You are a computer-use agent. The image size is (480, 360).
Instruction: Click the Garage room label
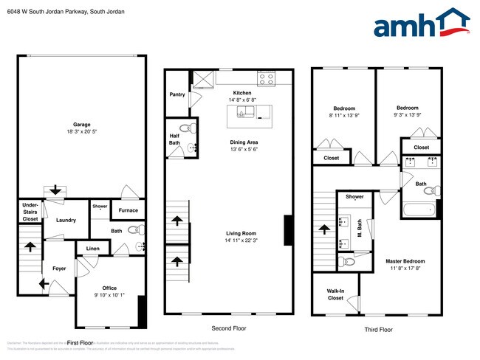coord(81,125)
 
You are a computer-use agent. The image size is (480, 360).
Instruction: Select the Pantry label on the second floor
coord(177,94)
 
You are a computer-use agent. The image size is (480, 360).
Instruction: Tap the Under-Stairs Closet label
coord(30,212)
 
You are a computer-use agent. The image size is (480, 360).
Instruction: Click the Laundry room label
coord(66,220)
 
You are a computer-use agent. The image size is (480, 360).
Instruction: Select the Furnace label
coord(128,210)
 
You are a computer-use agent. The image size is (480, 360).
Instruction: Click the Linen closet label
coord(92,249)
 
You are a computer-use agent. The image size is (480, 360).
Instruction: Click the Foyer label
coord(59,269)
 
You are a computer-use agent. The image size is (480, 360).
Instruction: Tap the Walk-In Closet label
coord(335,294)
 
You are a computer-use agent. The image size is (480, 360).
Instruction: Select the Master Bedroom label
coord(405,261)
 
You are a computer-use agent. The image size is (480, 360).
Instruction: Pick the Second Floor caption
coord(229,328)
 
